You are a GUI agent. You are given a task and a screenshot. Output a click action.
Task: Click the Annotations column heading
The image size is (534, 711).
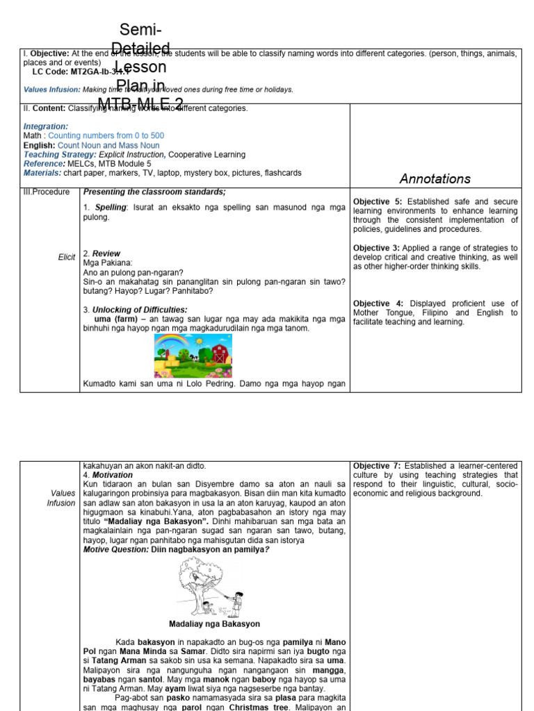click(x=435, y=178)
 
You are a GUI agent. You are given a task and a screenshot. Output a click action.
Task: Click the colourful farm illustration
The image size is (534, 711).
click(x=193, y=355)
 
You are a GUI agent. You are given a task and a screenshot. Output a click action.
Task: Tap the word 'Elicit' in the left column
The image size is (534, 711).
click(x=67, y=258)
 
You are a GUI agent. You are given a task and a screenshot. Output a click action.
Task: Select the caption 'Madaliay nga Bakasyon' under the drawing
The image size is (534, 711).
click(x=214, y=624)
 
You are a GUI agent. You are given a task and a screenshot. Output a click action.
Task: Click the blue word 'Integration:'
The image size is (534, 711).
click(x=46, y=126)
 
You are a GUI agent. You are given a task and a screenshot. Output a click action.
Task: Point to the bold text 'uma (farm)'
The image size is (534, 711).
click(x=117, y=319)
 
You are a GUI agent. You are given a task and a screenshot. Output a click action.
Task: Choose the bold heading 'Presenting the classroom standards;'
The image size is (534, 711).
click(x=154, y=192)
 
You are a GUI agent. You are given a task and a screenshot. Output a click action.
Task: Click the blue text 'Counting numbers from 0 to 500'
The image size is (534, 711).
click(x=106, y=136)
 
